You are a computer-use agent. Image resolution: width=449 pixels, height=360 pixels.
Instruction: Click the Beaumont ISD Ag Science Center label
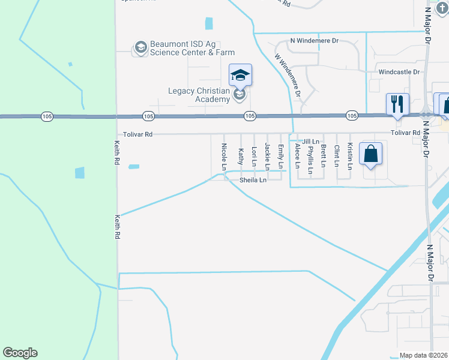[x=192, y=48]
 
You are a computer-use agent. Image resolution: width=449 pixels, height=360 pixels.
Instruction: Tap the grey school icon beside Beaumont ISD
[x=140, y=47]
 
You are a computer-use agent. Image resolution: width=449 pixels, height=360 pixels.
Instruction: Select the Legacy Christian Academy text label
[x=198, y=95]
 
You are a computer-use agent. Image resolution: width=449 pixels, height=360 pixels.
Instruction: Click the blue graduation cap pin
[x=240, y=75]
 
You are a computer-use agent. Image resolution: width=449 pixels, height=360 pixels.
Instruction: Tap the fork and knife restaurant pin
[x=397, y=104]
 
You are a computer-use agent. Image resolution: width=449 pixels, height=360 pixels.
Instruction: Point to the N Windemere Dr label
[x=315, y=41]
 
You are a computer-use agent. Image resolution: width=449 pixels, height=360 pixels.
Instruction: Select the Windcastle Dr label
[x=400, y=71]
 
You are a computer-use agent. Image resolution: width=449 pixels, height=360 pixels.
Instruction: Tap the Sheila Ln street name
[x=253, y=180]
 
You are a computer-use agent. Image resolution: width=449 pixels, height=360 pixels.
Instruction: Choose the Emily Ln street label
[x=280, y=155]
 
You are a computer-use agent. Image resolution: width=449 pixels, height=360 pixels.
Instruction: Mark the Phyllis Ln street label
[x=310, y=160]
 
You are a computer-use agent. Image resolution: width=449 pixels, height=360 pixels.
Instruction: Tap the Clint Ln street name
[x=337, y=156]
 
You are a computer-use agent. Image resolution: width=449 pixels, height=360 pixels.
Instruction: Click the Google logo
[x=20, y=353]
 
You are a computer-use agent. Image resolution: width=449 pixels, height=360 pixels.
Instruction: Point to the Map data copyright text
[x=423, y=355]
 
